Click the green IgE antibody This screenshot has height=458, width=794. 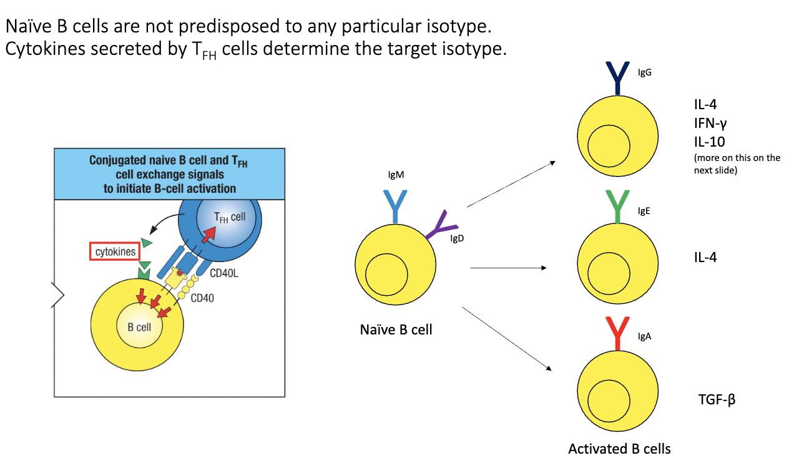pyautogui.click(x=617, y=207)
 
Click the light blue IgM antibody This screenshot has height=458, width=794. pyautogui.click(x=395, y=205)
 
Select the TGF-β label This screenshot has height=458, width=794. pyautogui.click(x=717, y=399)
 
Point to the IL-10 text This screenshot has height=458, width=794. pyautogui.click(x=710, y=141)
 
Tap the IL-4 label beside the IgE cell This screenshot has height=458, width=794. pyautogui.click(x=705, y=256)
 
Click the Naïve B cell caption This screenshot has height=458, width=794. pyautogui.click(x=396, y=329)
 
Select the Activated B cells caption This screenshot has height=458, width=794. pyautogui.click(x=619, y=449)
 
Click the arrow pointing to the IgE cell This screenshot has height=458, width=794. pyautogui.click(x=508, y=268)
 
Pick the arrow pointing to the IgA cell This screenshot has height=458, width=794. pyautogui.click(x=507, y=339)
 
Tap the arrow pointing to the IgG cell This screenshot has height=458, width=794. pyautogui.click(x=511, y=184)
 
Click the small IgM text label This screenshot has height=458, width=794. pyautogui.click(x=396, y=175)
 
